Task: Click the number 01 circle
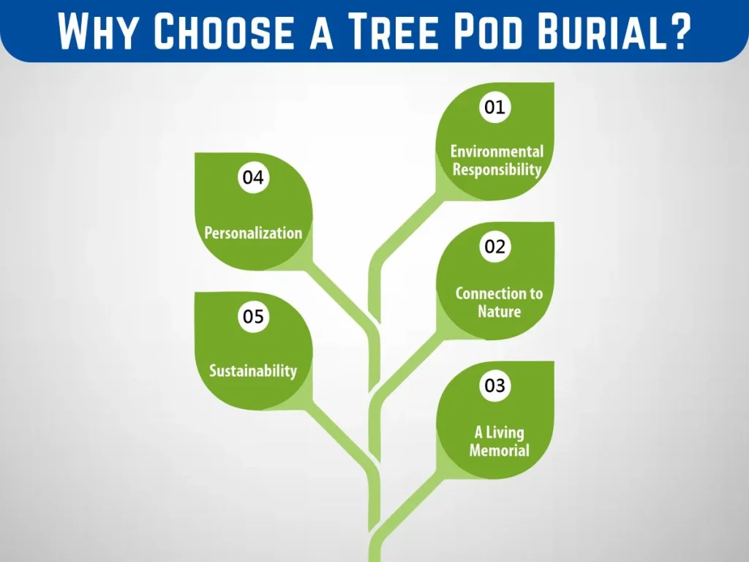(495, 107)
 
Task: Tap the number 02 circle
(495, 247)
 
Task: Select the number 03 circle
(495, 385)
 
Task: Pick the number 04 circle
(253, 177)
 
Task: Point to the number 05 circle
(253, 316)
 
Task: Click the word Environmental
(497, 151)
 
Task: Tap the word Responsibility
(497, 170)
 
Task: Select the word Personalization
(253, 233)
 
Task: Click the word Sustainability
(253, 371)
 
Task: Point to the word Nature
(499, 312)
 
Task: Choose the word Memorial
(499, 450)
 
